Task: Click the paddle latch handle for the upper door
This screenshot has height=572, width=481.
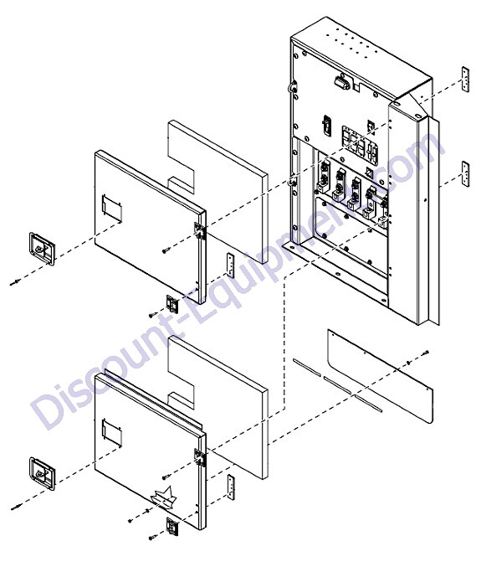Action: coord(42,248)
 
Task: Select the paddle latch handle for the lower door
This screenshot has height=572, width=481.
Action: coord(42,473)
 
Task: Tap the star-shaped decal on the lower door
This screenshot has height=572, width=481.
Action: coord(164,497)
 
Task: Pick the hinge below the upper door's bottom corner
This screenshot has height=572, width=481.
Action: coord(172,303)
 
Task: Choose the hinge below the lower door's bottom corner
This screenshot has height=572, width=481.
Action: coord(172,527)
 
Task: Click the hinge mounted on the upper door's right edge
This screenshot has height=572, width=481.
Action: coord(200,230)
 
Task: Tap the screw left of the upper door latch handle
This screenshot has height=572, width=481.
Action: coord(15,282)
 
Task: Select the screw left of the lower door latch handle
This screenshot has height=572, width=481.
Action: coord(15,507)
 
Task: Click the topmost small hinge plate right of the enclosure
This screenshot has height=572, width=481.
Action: coord(465,80)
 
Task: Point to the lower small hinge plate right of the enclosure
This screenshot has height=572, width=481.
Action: coord(465,173)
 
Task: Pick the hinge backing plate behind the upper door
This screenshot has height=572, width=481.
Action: coord(230,265)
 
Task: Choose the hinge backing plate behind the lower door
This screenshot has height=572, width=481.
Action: coord(230,487)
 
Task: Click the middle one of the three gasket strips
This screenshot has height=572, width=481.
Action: coord(337,385)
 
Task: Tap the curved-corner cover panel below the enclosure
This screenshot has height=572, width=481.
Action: coord(380,377)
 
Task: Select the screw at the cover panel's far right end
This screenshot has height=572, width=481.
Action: coord(425,353)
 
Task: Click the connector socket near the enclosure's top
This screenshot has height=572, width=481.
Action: coord(342,84)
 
